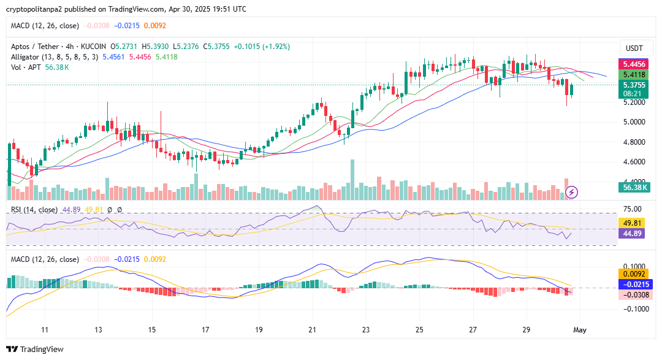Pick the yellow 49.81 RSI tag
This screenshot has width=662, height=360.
(x=632, y=223)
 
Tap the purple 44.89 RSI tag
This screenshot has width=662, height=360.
(x=632, y=234)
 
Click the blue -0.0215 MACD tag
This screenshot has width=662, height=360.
(x=632, y=285)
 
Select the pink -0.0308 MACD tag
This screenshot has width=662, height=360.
(x=632, y=295)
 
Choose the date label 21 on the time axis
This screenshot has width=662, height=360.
(x=312, y=330)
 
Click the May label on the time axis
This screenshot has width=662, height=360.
(x=580, y=330)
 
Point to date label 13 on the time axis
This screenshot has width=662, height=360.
(x=98, y=330)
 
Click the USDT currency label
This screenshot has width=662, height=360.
(x=634, y=48)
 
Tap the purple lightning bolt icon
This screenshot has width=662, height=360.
(x=571, y=193)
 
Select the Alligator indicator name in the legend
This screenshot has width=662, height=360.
(x=27, y=57)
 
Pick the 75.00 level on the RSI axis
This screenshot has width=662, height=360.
(x=633, y=209)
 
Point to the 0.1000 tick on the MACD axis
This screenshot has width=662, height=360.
(x=633, y=267)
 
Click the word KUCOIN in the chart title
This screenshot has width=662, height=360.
(x=92, y=47)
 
